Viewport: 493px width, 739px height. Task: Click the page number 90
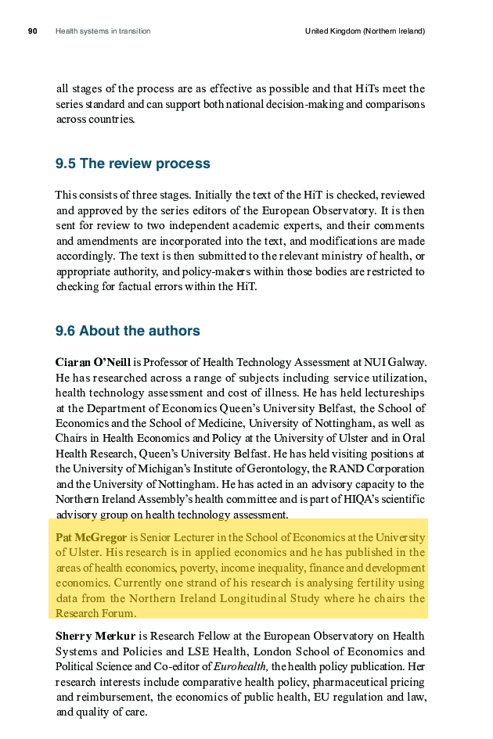coord(33,31)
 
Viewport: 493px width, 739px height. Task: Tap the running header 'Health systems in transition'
coord(103,31)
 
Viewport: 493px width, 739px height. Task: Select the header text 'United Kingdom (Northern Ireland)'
coord(365,31)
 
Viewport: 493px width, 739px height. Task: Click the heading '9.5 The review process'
coord(132,164)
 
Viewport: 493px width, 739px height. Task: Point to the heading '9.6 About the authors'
coord(128,331)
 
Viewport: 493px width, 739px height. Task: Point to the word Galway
coord(408,362)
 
